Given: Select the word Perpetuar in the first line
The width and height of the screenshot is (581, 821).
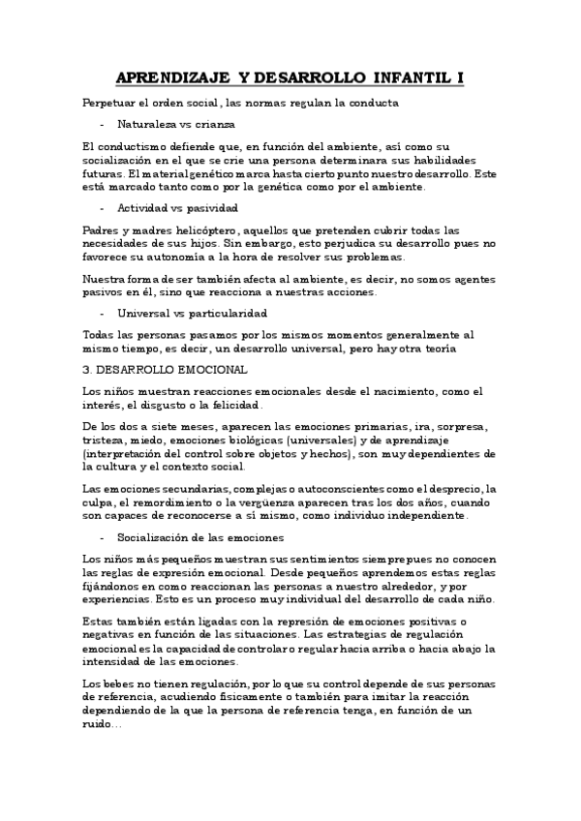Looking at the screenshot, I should point(108,103).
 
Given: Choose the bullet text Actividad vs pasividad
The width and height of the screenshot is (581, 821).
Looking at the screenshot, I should point(178,208).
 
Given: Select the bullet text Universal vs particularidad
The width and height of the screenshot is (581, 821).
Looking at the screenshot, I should point(192,314).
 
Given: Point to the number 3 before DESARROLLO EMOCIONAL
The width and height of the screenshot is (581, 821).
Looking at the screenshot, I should point(86,370).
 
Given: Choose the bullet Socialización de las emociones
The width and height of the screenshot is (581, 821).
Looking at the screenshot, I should point(199,536).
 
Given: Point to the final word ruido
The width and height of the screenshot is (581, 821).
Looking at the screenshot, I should point(99,725).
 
